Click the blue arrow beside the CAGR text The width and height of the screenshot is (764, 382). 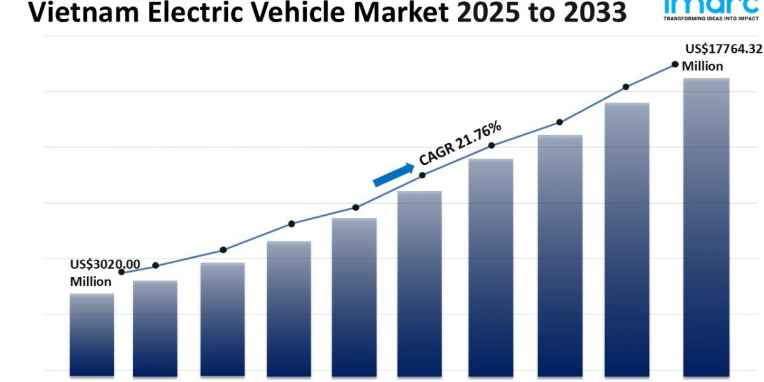click(393, 175)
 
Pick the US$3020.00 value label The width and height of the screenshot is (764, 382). click(105, 265)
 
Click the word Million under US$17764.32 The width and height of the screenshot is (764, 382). click(702, 66)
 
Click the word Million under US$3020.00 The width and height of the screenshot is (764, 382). click(90, 281)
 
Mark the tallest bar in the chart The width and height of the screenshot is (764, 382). click(706, 226)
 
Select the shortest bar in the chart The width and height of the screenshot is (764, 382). click(92, 334)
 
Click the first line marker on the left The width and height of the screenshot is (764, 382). click(121, 272)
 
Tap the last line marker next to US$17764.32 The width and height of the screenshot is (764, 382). click(675, 64)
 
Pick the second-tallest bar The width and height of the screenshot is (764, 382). click(627, 238)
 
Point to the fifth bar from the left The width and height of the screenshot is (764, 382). click(353, 295)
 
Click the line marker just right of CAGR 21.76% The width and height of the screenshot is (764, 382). click(492, 146)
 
